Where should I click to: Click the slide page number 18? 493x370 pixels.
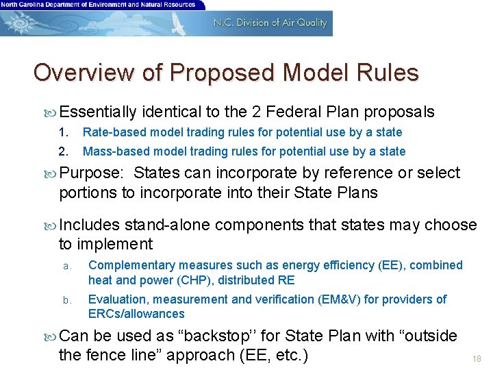(x=477, y=358)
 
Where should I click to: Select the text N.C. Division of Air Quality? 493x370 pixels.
(x=270, y=23)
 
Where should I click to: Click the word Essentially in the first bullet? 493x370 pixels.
(x=98, y=112)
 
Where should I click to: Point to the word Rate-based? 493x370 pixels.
(x=110, y=132)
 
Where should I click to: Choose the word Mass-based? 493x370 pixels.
(x=112, y=151)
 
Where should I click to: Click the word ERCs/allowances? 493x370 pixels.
(x=136, y=314)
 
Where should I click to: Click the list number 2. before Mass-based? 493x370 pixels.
(x=64, y=151)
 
